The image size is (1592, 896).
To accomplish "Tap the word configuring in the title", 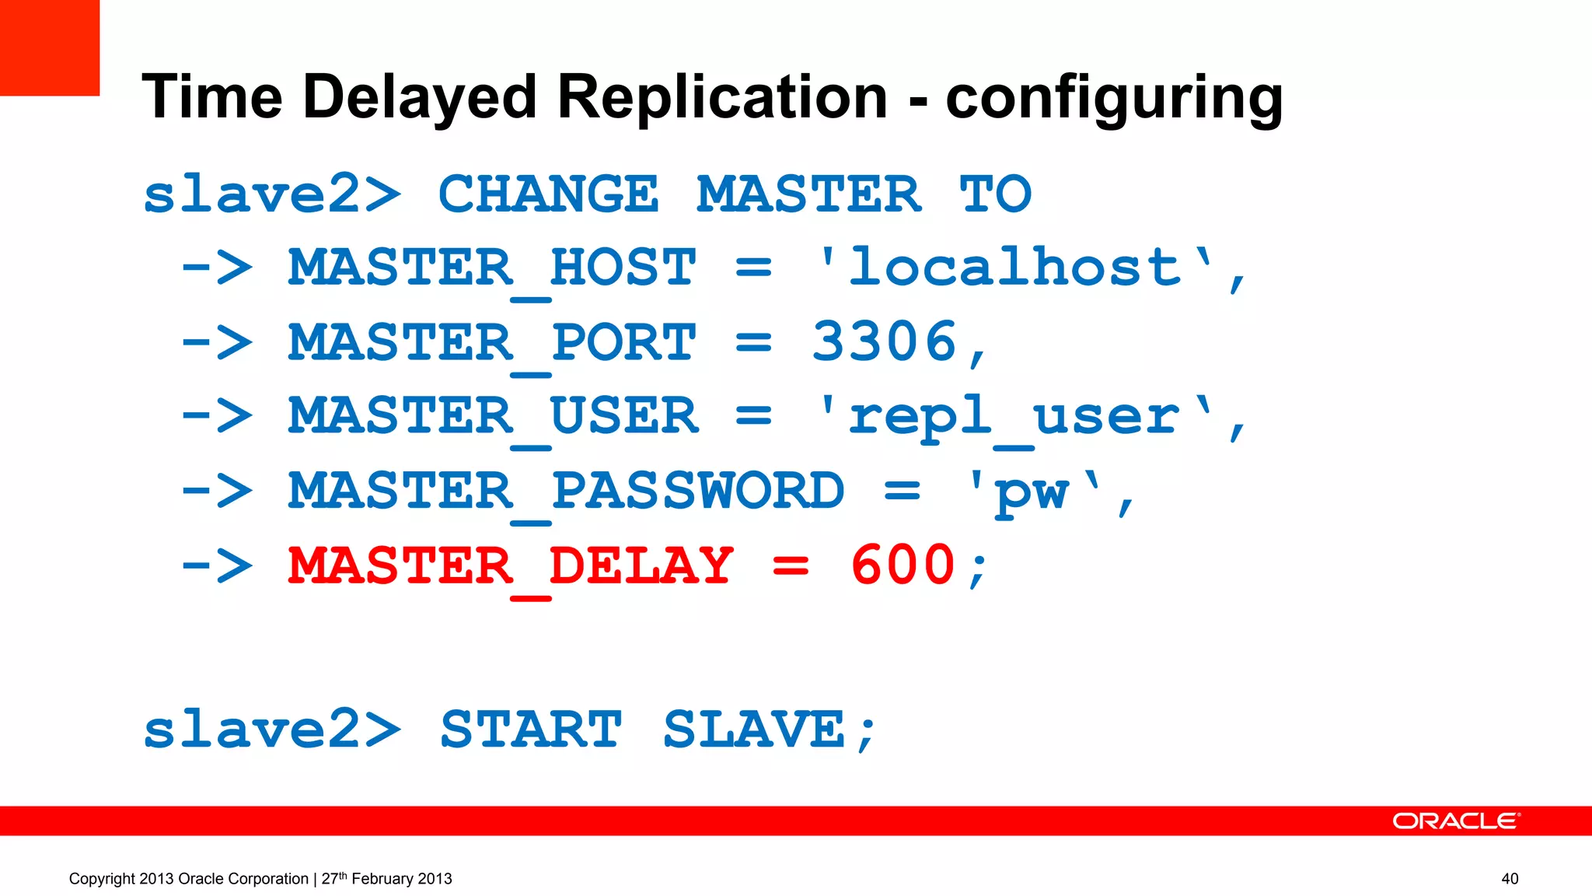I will tap(1114, 98).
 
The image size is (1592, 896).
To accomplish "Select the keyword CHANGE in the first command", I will tap(548, 194).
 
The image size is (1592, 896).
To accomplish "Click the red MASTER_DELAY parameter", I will tap(510, 565).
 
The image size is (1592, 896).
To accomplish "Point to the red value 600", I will tap(902, 565).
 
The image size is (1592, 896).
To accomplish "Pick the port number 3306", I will tap(884, 341).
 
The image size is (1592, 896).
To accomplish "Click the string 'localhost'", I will tap(1014, 268).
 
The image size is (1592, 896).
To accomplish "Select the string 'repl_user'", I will tap(1014, 417).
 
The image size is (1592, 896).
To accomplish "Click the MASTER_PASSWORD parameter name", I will tap(566, 492).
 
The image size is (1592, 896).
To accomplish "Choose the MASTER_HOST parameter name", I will tap(492, 268).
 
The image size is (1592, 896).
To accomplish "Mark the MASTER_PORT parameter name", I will tap(492, 342).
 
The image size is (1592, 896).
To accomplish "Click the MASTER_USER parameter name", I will tap(493, 417).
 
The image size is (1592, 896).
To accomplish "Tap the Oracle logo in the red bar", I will tap(1455, 821).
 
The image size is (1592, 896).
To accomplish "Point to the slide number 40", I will tap(1510, 879).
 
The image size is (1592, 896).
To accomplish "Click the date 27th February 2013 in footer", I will tap(386, 879).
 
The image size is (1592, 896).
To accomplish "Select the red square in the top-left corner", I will tap(50, 47).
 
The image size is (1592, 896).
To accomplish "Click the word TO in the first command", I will tap(995, 194).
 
